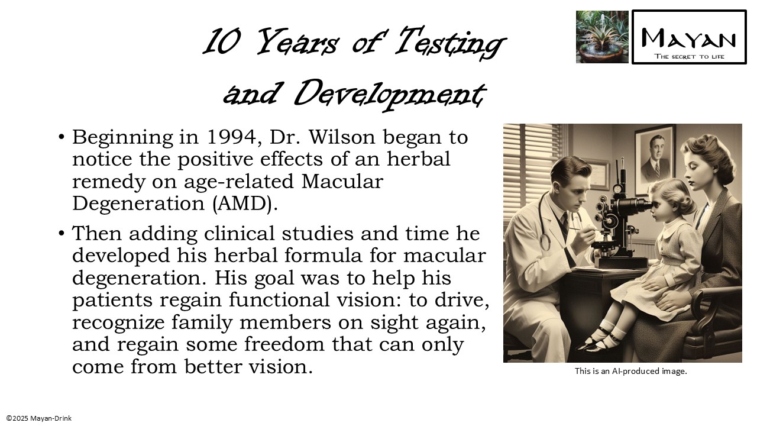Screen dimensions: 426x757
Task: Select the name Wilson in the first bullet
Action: (x=342, y=137)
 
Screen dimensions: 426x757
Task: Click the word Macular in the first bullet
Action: (x=342, y=181)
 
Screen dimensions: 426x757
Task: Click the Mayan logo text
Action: (x=689, y=38)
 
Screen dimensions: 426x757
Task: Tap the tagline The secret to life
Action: (x=689, y=57)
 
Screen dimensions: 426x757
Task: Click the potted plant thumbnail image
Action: (x=602, y=37)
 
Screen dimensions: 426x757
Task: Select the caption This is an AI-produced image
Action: (x=630, y=372)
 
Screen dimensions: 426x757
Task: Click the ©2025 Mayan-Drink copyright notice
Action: (x=39, y=418)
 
